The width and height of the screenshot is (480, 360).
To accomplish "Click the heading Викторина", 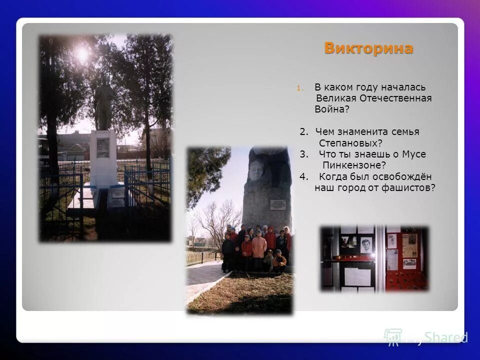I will click(368, 48).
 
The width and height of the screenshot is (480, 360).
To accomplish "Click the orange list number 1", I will click(298, 88).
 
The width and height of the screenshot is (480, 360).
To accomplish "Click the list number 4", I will click(304, 176).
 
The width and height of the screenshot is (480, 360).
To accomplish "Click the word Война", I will click(331, 109).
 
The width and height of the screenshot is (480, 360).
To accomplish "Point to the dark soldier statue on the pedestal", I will click(104, 105).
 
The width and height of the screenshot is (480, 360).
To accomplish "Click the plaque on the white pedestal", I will click(103, 147).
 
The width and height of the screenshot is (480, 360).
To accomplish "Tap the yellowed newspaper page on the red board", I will click(409, 245).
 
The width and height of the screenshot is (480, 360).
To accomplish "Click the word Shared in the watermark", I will click(446, 337).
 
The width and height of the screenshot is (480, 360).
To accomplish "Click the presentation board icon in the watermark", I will click(393, 337).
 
